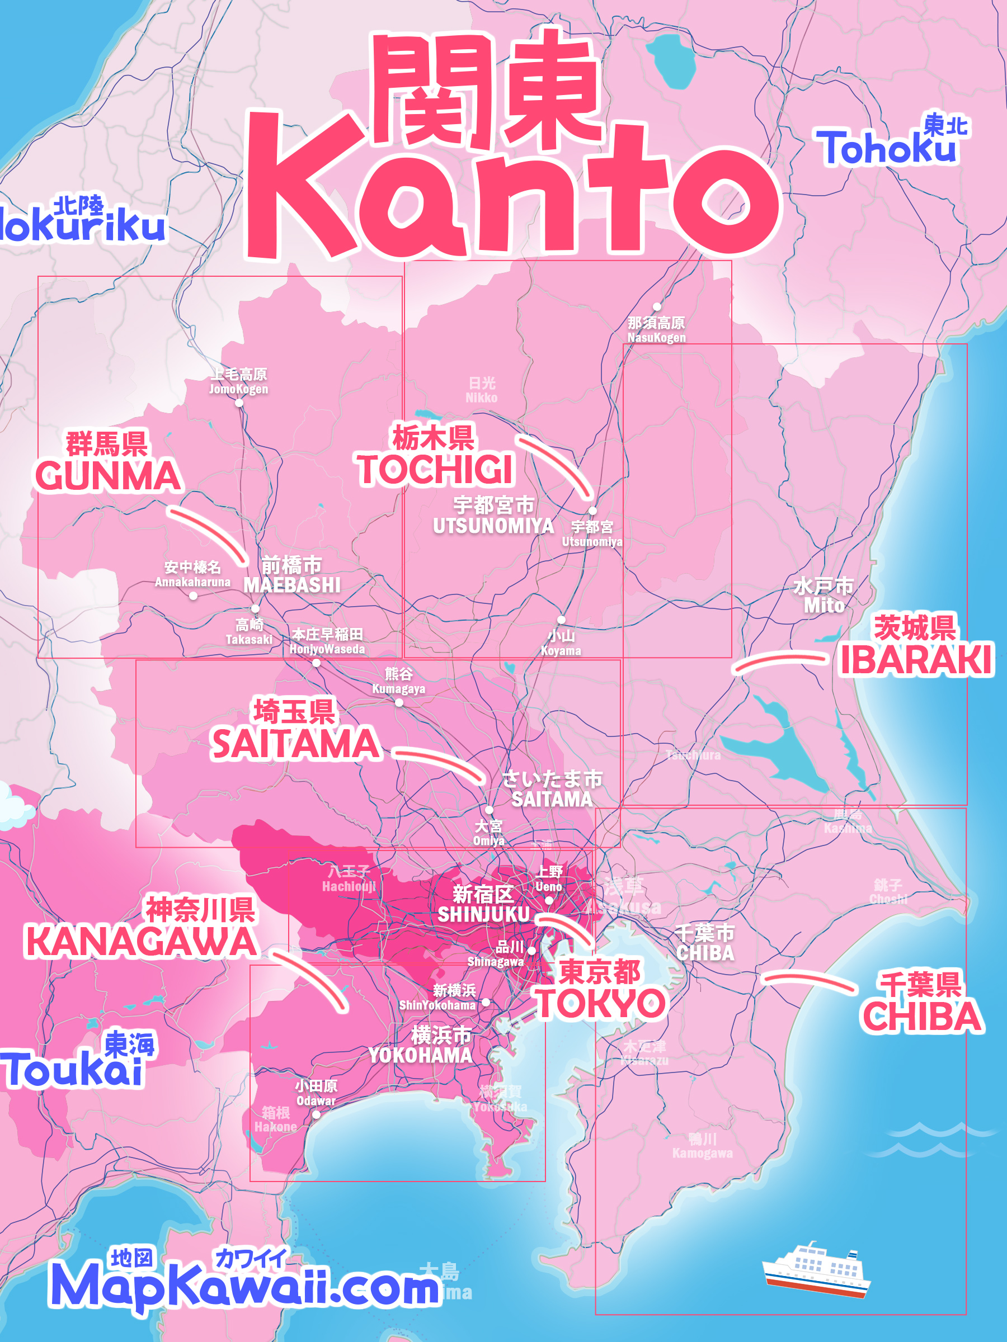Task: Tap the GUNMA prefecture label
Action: [108, 476]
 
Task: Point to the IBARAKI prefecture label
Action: [915, 660]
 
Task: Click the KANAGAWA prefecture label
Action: [141, 942]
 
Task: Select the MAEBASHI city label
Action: [292, 585]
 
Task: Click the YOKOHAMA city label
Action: [420, 1055]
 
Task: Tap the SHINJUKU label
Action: [484, 914]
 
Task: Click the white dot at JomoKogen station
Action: [238, 403]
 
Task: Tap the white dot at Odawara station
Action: [316, 1114]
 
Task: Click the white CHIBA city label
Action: [705, 952]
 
